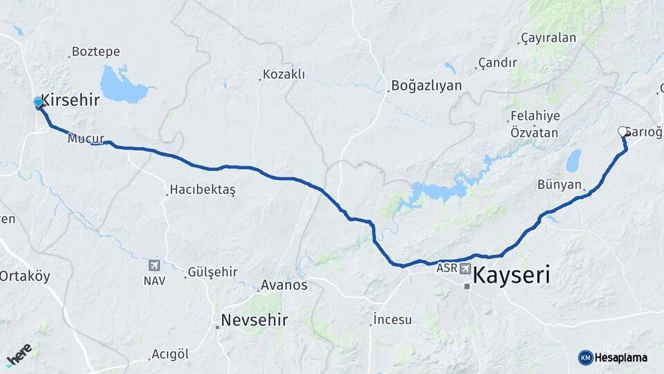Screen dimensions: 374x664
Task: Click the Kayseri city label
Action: tap(512, 276)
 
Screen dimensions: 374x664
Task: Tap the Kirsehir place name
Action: tap(70, 100)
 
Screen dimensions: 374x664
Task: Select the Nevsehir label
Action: tap(254, 320)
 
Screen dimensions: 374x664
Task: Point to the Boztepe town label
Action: tap(95, 52)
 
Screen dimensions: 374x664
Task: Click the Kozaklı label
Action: tap(284, 74)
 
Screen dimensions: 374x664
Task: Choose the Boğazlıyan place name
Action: tap(426, 86)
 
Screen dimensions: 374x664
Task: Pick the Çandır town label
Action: tap(497, 63)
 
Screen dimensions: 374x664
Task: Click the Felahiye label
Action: tap(535, 116)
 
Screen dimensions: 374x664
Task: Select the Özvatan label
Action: tap(534, 132)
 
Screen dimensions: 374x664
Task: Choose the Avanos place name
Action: tap(284, 285)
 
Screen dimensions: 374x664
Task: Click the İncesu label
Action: tap(392, 319)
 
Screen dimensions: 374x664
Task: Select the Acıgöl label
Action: tap(170, 354)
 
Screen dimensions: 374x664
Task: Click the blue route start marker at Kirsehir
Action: tap(39, 103)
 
